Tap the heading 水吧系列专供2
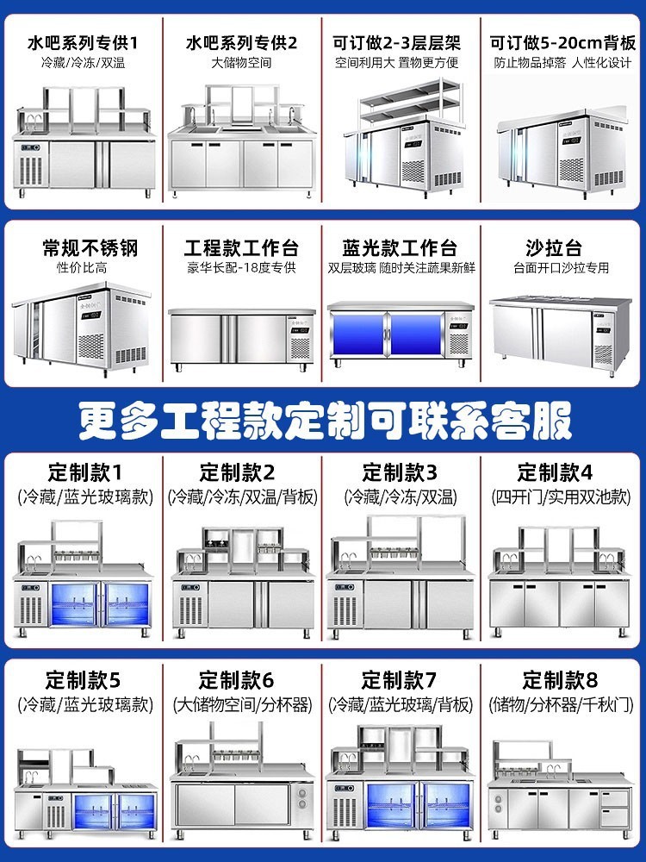click(242, 41)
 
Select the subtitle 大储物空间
click(242, 63)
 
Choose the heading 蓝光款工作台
click(401, 248)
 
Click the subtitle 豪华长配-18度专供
click(241, 268)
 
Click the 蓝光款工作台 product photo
click(401, 332)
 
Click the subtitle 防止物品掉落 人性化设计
click(562, 63)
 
